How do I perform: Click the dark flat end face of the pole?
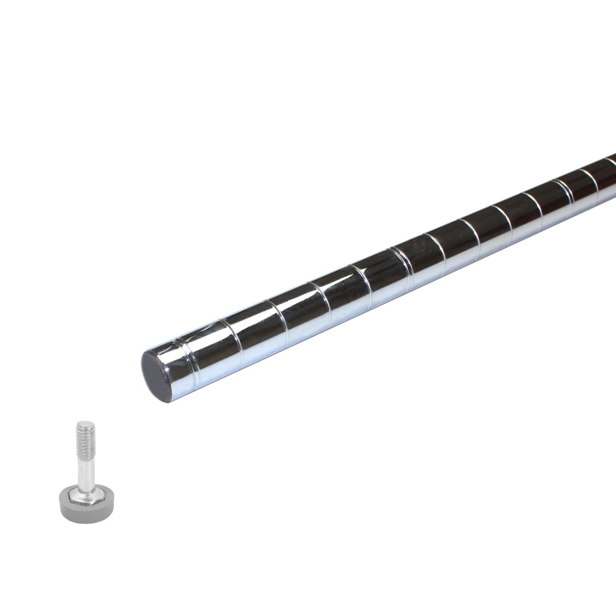pyautogui.click(x=157, y=376)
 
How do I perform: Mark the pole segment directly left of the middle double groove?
pyautogui.click(x=382, y=276)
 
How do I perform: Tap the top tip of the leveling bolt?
pyautogui.click(x=85, y=423)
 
